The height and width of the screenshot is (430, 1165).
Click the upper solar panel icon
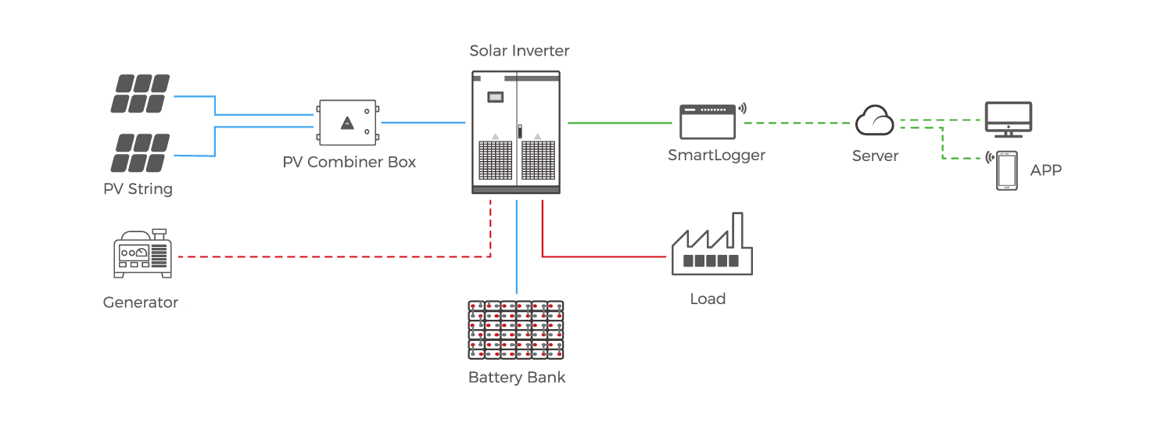[140, 94]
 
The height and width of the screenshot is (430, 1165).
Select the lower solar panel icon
[140, 152]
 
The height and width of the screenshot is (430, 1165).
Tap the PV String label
[138, 189]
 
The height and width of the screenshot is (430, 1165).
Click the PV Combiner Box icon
[348, 123]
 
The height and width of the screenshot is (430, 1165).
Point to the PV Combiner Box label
[349, 163]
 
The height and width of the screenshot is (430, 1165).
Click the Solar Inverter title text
[519, 52]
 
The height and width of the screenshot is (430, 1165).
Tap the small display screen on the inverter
[495, 98]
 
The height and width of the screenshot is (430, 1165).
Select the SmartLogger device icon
[708, 120]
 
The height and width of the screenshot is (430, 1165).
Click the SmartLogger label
[716, 156]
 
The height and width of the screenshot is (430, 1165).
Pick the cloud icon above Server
[875, 122]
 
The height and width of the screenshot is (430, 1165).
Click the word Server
[875, 156]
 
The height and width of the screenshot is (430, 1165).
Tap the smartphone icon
[1007, 170]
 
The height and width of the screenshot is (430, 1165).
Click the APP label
[1045, 171]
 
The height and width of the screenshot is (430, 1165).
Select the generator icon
[142, 255]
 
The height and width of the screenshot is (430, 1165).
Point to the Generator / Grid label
[163, 302]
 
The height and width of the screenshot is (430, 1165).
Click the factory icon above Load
[712, 245]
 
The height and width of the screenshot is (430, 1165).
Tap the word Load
[708, 299]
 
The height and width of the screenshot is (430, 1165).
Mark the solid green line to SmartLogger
[621, 123]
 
